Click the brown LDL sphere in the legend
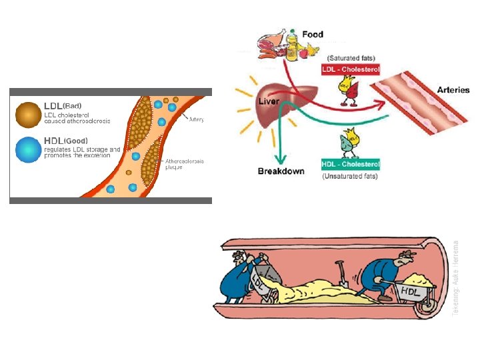27,114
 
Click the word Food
313,34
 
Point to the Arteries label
453,90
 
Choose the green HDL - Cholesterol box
351,164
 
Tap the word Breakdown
281,171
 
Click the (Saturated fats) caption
349,59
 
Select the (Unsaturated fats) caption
351,177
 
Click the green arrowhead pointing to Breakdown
281,158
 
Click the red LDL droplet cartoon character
347,91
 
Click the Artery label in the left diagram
196,120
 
